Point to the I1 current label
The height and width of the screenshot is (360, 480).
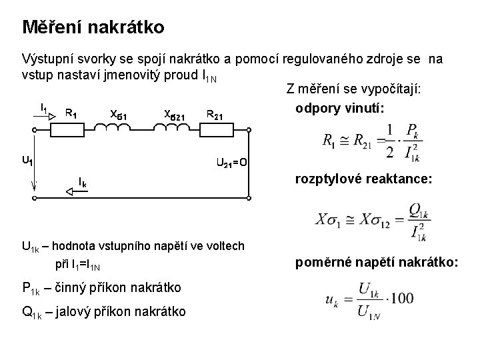coord(43,107)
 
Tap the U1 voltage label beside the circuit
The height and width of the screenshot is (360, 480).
coord(27,160)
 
